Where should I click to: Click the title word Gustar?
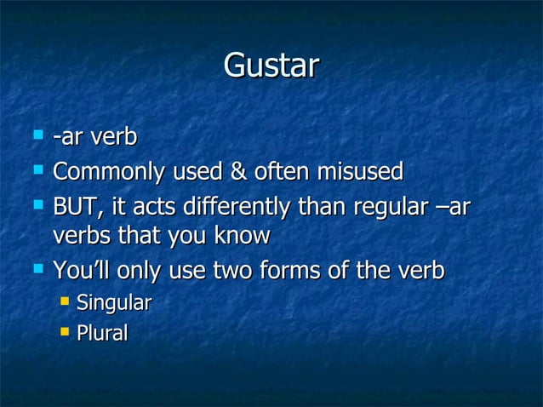click(x=271, y=66)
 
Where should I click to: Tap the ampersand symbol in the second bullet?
click(x=236, y=173)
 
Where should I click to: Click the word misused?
click(x=360, y=173)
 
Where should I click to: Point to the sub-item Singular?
click(x=114, y=302)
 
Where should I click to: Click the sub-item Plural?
click(x=102, y=333)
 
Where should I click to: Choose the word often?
click(x=281, y=173)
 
